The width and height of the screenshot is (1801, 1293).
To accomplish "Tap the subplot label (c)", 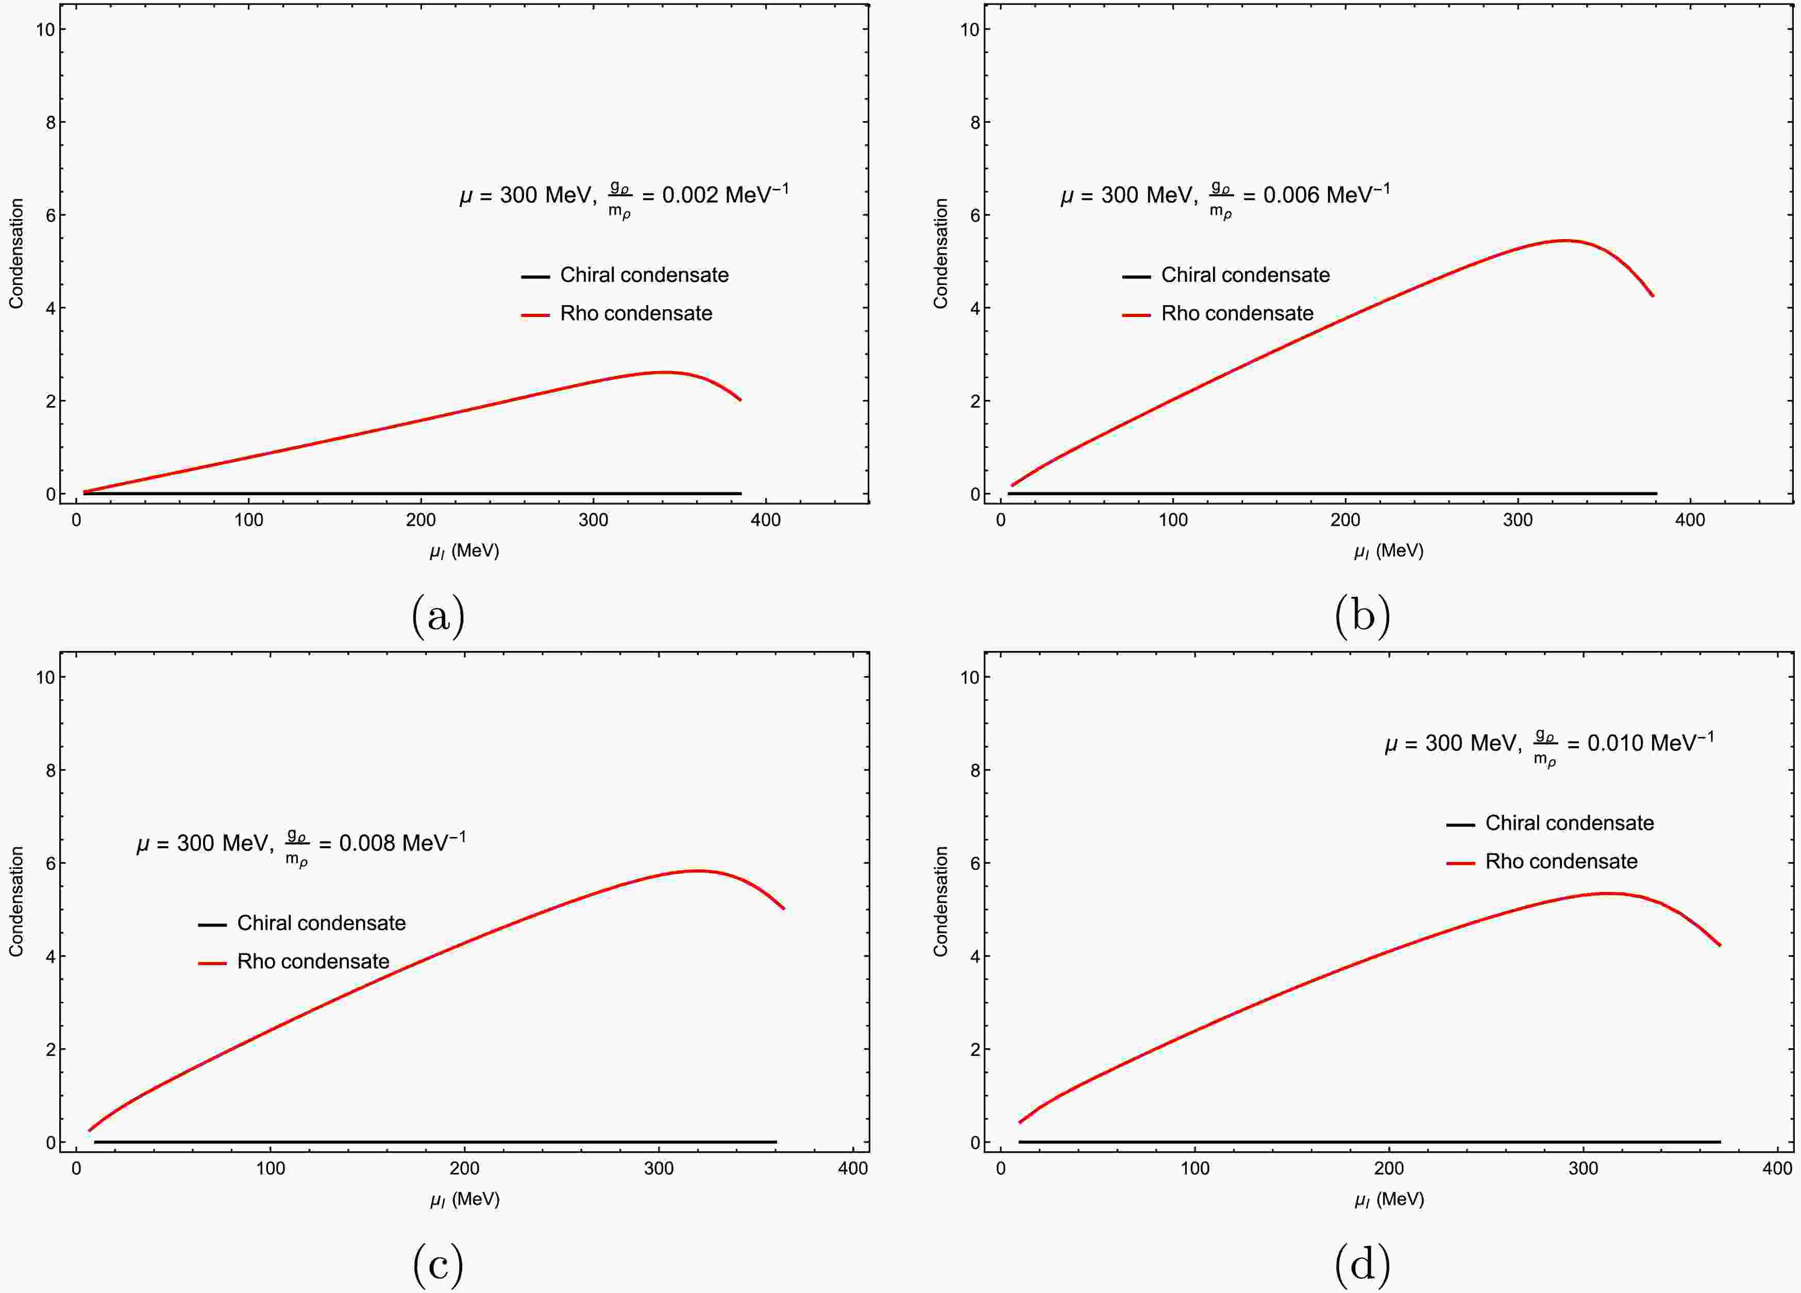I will click(437, 1265).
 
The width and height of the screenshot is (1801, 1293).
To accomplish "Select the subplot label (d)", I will click(1362, 1265).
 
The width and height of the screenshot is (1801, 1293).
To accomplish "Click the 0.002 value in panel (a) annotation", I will click(689, 195).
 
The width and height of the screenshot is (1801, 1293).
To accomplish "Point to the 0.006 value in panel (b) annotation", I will click(1290, 195).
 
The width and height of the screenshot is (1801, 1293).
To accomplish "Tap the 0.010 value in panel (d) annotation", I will click(1614, 744).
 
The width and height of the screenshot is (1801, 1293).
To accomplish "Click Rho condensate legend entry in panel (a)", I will click(635, 314).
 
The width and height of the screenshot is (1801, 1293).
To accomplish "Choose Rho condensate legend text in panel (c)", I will click(313, 962).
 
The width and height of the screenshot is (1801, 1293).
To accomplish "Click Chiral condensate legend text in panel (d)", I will click(1569, 823).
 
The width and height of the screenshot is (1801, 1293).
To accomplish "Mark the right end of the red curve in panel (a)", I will click(740, 399).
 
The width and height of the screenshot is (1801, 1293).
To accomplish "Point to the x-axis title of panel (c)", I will click(464, 1199).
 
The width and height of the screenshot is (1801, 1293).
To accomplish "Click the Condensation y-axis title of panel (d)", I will click(941, 901).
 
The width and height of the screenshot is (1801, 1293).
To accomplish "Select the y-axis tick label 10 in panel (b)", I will click(970, 29).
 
